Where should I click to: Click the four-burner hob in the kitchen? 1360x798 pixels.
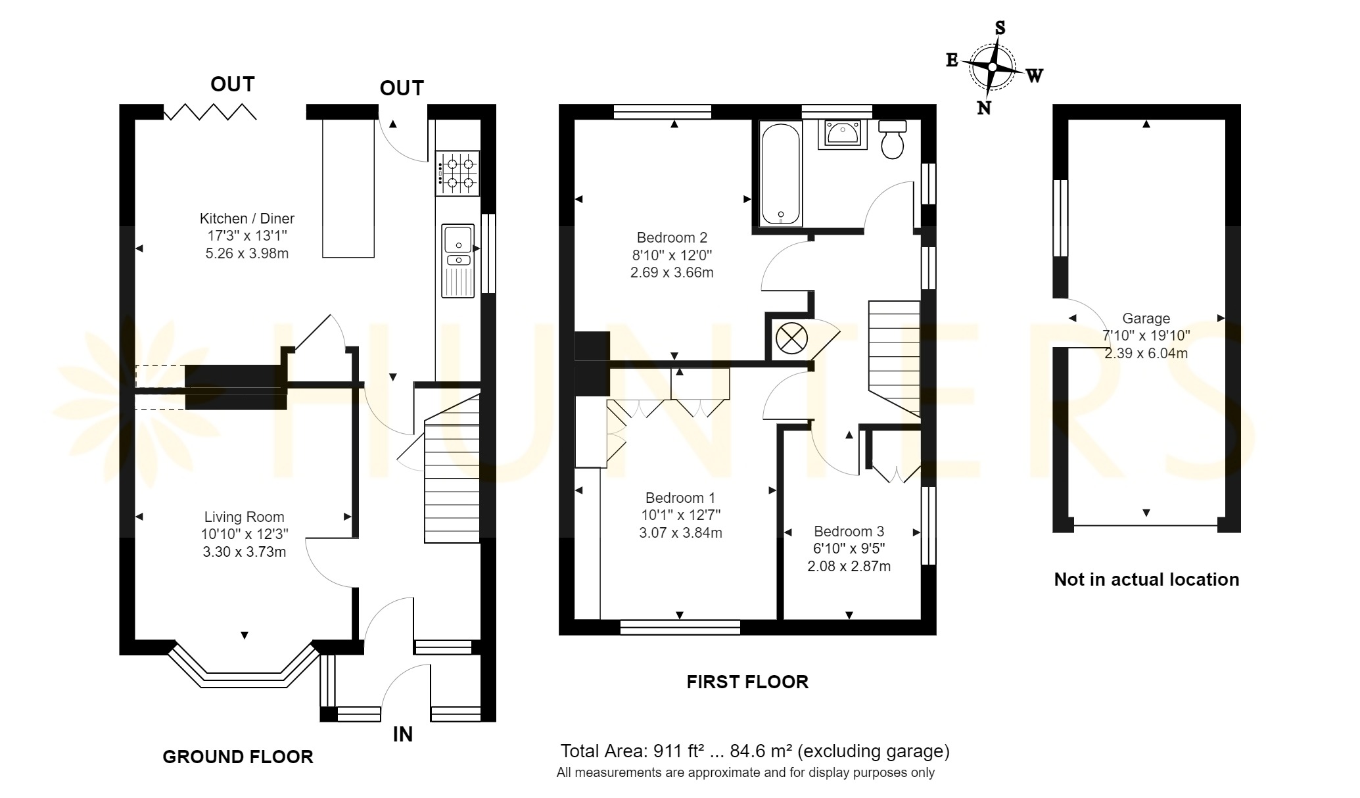click(457, 174)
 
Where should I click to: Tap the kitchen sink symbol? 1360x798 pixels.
click(458, 261)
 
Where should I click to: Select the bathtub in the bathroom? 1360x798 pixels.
click(780, 174)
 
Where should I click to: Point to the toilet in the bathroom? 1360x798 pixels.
click(892, 139)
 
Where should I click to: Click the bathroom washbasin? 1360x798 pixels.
click(842, 135)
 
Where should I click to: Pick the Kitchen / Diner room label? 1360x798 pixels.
click(247, 218)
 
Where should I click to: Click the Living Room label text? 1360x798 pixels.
click(245, 517)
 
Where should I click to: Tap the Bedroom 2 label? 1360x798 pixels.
click(672, 237)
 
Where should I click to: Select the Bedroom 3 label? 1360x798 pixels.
click(849, 531)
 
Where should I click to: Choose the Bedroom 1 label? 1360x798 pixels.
click(680, 498)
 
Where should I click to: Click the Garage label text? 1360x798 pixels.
click(1146, 319)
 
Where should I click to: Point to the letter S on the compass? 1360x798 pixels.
click(1000, 28)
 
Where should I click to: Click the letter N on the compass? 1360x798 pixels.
click(984, 108)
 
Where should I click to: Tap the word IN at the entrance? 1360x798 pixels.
click(402, 734)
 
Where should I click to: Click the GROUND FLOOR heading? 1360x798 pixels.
click(238, 757)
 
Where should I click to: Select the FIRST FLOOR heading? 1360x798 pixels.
click(747, 682)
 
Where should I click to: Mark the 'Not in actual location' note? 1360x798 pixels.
click(1146, 580)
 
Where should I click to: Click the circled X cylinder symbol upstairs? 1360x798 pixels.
click(791, 339)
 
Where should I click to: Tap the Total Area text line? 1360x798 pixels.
click(755, 751)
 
